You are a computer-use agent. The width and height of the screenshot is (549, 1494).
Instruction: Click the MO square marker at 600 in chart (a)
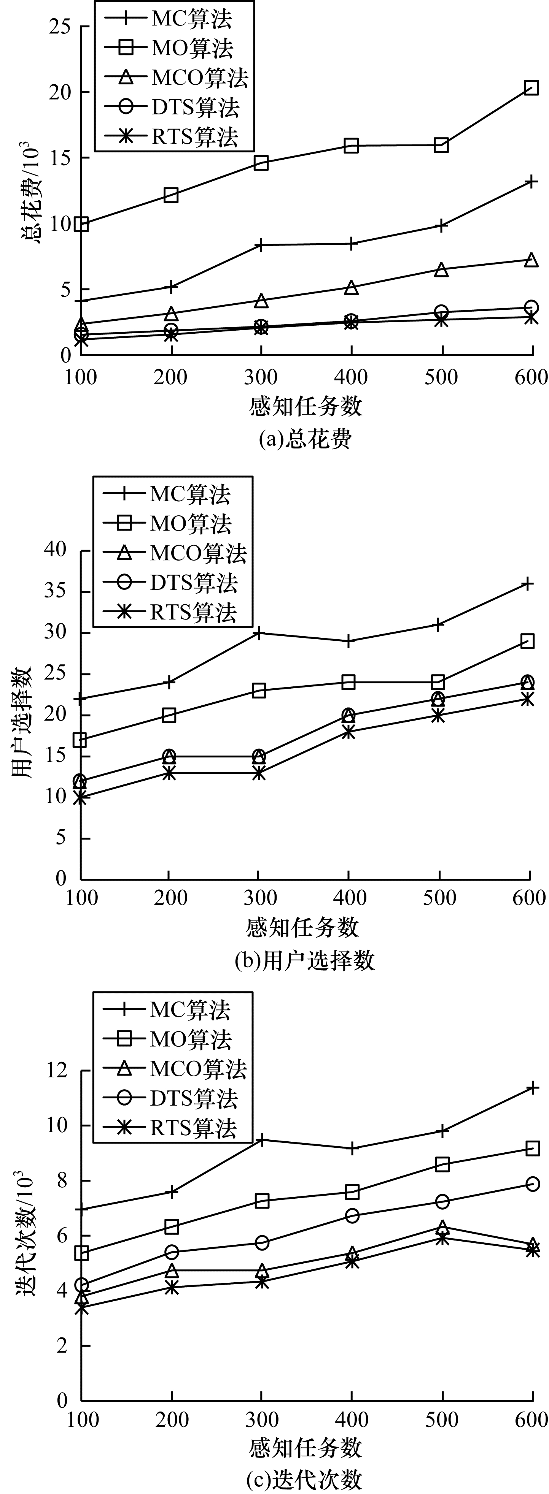click(531, 87)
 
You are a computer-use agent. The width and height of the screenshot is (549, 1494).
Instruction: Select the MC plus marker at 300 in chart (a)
click(261, 246)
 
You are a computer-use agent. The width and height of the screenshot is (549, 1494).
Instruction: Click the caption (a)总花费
click(305, 439)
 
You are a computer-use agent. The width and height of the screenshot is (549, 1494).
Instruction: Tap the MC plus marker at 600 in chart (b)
click(527, 583)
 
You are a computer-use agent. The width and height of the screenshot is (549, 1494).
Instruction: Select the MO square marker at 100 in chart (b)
click(80, 740)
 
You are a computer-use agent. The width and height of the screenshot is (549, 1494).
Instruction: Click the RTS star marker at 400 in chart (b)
click(348, 732)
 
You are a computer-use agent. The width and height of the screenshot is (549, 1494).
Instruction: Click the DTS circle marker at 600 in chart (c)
click(532, 1184)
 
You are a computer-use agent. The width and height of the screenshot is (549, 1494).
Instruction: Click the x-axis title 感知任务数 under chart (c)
click(306, 1448)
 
